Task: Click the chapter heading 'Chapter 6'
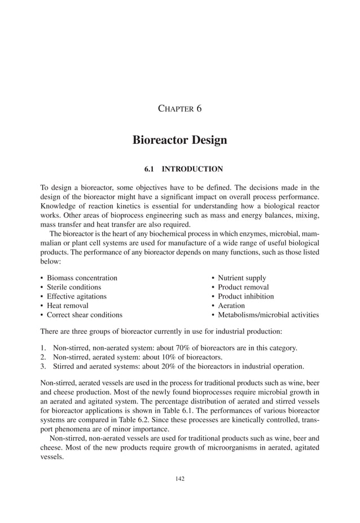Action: pyautogui.click(x=179, y=108)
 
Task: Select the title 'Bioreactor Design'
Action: pyautogui.click(x=179, y=140)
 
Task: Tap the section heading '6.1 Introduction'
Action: pyautogui.click(x=179, y=169)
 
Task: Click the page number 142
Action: pyautogui.click(x=180, y=479)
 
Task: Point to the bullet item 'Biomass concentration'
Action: pyautogui.click(x=82, y=278)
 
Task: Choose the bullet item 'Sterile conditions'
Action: pyautogui.click(x=74, y=287)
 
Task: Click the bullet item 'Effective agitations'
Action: pyautogui.click(x=76, y=296)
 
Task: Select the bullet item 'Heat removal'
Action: pyautogui.click(x=67, y=305)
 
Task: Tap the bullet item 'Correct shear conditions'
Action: pyautogui.click(x=84, y=314)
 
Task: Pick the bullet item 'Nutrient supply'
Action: pyautogui.click(x=242, y=278)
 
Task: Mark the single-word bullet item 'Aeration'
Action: pyautogui.click(x=231, y=305)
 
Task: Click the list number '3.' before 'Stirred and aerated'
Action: pyautogui.click(x=43, y=365)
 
